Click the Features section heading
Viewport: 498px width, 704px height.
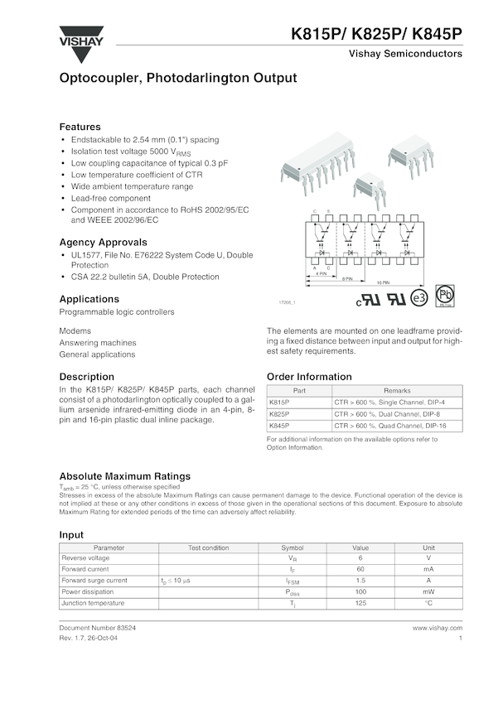click(x=80, y=127)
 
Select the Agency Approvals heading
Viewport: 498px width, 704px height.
click(x=104, y=242)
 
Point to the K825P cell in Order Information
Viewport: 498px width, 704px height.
click(x=280, y=413)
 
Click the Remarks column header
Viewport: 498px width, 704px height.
click(x=396, y=390)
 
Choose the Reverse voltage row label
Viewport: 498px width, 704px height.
click(x=85, y=558)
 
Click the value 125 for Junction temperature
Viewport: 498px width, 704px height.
click(x=360, y=604)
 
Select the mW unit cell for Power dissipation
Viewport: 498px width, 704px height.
click(x=428, y=592)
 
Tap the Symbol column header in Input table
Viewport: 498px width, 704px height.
click(x=293, y=547)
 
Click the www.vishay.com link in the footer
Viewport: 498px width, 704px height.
click(x=437, y=629)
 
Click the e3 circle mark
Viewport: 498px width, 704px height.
click(x=419, y=297)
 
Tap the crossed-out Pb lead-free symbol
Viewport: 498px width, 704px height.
click(x=446, y=296)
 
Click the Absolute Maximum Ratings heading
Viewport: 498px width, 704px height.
click(x=124, y=476)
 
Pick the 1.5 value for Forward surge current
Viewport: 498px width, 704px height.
click(x=360, y=581)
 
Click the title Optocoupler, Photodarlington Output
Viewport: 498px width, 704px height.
click(x=177, y=79)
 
